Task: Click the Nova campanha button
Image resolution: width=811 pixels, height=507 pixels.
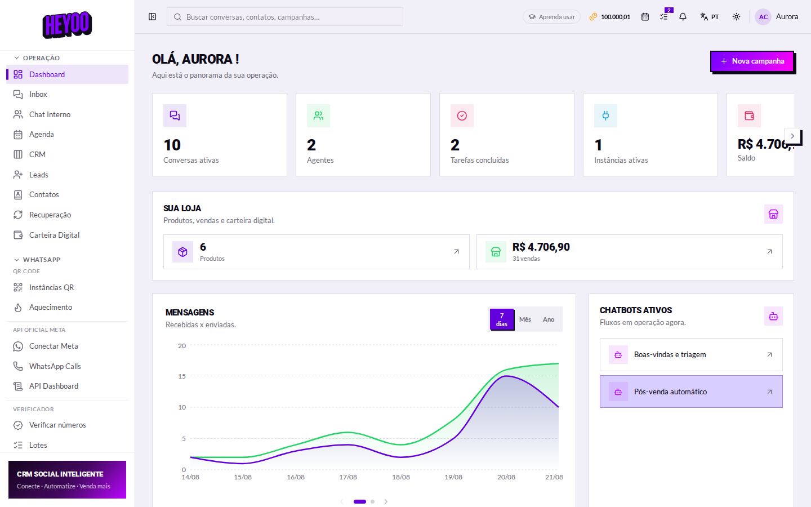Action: tap(752, 61)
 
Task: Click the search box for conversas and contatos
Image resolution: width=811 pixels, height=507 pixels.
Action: tap(284, 17)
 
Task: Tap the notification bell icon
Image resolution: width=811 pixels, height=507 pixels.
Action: tap(683, 17)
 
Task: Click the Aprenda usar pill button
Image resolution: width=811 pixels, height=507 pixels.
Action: tap(551, 17)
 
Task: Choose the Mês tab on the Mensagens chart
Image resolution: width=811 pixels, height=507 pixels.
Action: tap(525, 319)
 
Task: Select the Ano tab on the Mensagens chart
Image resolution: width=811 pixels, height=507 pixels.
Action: tap(549, 319)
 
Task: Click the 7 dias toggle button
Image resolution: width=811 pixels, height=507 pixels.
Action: tap(501, 319)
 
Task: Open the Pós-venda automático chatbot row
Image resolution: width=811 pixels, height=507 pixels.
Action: tap(691, 392)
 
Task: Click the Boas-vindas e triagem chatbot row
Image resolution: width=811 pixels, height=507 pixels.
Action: tap(691, 354)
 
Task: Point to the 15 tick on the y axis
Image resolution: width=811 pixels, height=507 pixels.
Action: tap(182, 376)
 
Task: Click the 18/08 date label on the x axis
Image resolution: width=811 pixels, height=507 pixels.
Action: tap(401, 477)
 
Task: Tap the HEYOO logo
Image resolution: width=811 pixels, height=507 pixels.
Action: tap(68, 25)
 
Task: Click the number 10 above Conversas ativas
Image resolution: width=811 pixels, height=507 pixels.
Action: tap(172, 145)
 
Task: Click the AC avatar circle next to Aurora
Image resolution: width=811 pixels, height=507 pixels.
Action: tap(763, 17)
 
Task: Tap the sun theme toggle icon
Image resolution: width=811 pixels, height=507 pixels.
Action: tap(736, 17)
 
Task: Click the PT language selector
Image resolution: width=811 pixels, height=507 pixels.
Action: tap(709, 17)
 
